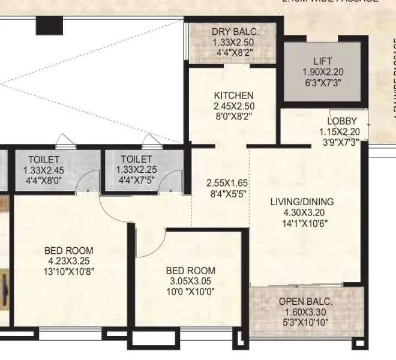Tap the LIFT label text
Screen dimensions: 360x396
[323, 61]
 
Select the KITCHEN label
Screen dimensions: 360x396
[233, 95]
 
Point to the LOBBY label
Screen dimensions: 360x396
[343, 121]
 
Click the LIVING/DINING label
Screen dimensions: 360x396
[302, 202]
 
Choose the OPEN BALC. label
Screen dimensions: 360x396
[306, 301]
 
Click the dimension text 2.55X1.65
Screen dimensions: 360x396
[227, 183]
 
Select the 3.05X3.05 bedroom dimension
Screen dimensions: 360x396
[190, 281]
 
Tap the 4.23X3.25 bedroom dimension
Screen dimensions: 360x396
[68, 261]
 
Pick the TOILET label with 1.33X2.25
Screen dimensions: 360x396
[136, 160]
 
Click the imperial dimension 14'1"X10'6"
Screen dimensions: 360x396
[302, 223]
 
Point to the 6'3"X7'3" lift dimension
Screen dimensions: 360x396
[323, 83]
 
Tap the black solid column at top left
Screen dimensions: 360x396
[45, 26]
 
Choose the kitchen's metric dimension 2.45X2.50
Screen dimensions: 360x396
[233, 106]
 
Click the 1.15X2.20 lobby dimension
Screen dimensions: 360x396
[343, 132]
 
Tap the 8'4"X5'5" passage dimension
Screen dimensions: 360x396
[227, 194]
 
